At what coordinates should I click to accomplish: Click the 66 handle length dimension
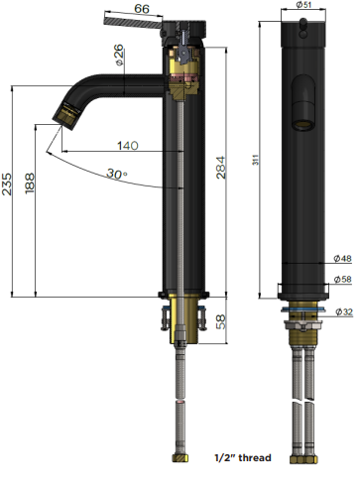pyautogui.click(x=142, y=9)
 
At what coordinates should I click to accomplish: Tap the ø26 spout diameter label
pyautogui.click(x=118, y=55)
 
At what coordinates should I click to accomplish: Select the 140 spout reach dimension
pyautogui.click(x=128, y=146)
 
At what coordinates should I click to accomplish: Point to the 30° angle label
pyautogui.click(x=117, y=174)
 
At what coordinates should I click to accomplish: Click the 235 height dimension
pyautogui.click(x=7, y=184)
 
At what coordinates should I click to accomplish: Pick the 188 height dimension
pyautogui.click(x=30, y=183)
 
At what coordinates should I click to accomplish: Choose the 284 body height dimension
pyautogui.click(x=221, y=168)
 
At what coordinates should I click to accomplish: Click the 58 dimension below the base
pyautogui.click(x=221, y=321)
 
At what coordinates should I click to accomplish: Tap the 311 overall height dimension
pyautogui.click(x=256, y=160)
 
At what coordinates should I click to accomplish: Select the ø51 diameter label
pyautogui.click(x=303, y=5)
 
